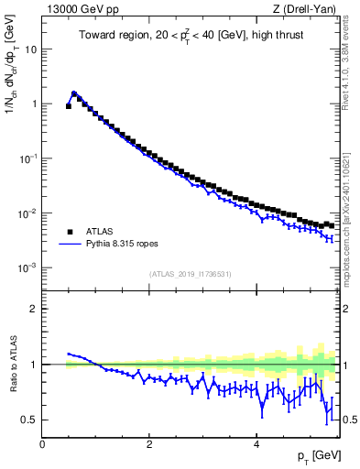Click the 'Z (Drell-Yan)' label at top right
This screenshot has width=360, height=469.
point(306,10)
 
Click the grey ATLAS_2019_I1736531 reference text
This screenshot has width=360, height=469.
point(191,274)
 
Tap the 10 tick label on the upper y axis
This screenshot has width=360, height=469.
point(30,49)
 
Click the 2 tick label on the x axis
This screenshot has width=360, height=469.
point(149,444)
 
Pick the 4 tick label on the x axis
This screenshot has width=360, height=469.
point(256,444)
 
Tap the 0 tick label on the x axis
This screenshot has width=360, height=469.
point(43,444)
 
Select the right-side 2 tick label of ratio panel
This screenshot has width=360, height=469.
point(346,309)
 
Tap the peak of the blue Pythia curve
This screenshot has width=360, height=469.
point(74,93)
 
